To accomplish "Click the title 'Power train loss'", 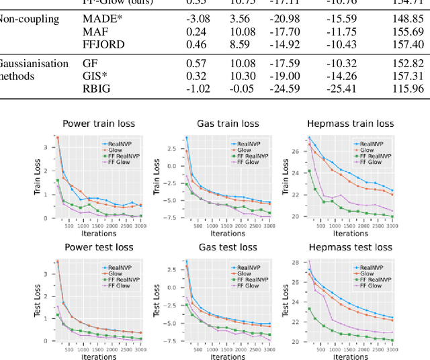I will (99, 124).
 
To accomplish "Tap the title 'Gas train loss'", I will (228, 124).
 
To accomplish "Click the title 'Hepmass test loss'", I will (349, 247).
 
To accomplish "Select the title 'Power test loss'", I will (99, 247).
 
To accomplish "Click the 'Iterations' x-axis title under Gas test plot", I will (228, 357).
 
